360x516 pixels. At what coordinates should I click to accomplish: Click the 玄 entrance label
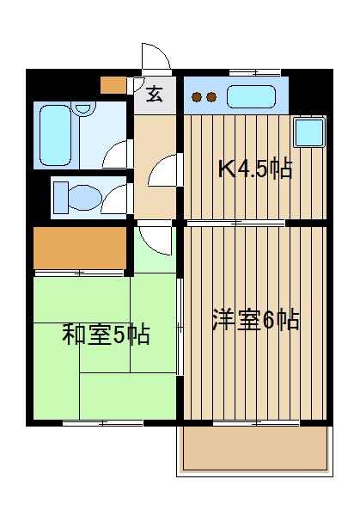[154, 95]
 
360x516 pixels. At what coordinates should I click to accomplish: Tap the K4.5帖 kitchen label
[255, 169]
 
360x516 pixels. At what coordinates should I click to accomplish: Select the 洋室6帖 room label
[255, 320]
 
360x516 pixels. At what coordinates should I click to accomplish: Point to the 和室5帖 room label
[106, 335]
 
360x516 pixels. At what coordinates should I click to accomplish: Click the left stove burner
[197, 97]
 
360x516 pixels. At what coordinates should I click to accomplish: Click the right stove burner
[211, 97]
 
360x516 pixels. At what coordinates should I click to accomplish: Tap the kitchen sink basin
[251, 96]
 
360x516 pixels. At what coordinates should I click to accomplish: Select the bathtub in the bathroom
[56, 135]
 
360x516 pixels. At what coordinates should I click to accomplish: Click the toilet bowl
[85, 198]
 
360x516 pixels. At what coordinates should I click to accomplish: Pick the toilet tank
[60, 198]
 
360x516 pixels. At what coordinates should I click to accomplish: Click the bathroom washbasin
[83, 108]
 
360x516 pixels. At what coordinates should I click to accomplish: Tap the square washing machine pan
[309, 132]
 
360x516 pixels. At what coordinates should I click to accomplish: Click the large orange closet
[80, 249]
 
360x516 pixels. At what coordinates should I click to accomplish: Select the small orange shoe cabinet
[113, 85]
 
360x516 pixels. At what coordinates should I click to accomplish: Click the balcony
[255, 449]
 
